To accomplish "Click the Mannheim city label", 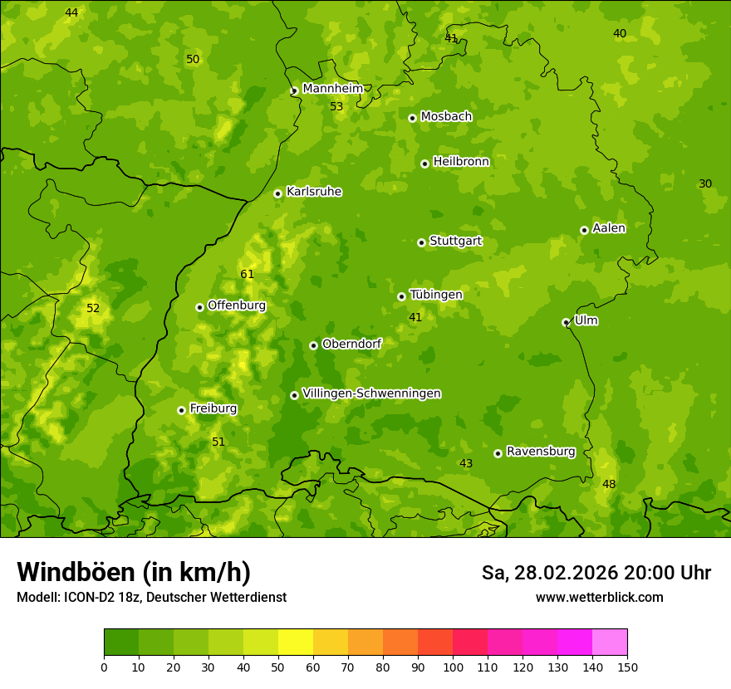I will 332,89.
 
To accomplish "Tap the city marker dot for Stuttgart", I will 421,242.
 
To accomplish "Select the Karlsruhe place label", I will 313,192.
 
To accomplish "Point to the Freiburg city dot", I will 181,410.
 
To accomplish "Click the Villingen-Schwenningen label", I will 371,393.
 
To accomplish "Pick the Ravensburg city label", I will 541,452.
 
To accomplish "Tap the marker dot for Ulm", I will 566,322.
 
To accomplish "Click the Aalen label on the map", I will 608,228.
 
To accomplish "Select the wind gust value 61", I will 248,275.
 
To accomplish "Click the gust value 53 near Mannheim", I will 336,107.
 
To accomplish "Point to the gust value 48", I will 609,485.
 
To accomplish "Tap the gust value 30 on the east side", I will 705,184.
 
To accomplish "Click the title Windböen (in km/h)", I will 134,572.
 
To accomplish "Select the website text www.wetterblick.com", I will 599,597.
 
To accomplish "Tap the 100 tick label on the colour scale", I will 453,667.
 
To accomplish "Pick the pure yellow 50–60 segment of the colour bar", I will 296,643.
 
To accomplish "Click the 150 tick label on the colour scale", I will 627,667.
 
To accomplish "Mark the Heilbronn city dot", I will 424,164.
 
